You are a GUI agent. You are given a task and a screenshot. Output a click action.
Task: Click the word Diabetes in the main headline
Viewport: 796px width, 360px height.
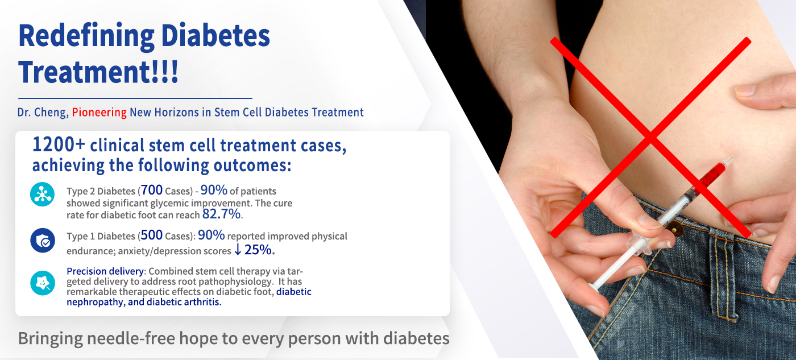(215, 36)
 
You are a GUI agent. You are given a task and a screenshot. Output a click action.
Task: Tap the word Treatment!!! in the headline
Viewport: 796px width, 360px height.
(98, 72)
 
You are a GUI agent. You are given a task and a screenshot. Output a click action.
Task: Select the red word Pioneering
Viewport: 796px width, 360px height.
(99, 112)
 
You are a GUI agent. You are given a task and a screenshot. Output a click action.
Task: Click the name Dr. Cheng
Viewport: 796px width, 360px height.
(43, 112)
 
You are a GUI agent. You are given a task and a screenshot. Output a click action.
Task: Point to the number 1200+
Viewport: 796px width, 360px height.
(59, 144)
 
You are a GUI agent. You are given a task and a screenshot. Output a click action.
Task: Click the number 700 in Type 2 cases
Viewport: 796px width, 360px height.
(152, 190)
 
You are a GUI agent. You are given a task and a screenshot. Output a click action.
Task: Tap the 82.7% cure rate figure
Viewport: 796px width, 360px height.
(221, 214)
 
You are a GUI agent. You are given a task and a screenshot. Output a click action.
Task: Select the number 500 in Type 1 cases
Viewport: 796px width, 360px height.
(152, 235)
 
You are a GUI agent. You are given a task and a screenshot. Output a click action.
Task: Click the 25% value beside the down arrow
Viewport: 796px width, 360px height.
(258, 250)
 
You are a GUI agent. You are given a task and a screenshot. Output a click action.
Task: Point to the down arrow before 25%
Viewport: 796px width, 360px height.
(238, 250)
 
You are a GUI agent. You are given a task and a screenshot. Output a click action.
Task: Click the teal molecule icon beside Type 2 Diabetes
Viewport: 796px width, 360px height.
(42, 195)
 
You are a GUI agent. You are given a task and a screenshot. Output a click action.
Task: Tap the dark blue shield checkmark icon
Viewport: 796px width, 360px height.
(43, 241)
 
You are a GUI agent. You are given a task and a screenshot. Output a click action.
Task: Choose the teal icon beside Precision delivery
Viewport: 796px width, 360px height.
(43, 283)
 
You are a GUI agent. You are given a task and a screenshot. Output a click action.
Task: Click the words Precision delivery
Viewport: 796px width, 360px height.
(105, 271)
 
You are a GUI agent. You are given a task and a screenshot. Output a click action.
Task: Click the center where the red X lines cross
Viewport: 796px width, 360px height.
(650, 137)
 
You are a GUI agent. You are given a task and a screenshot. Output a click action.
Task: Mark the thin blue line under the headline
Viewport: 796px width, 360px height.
(135, 98)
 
